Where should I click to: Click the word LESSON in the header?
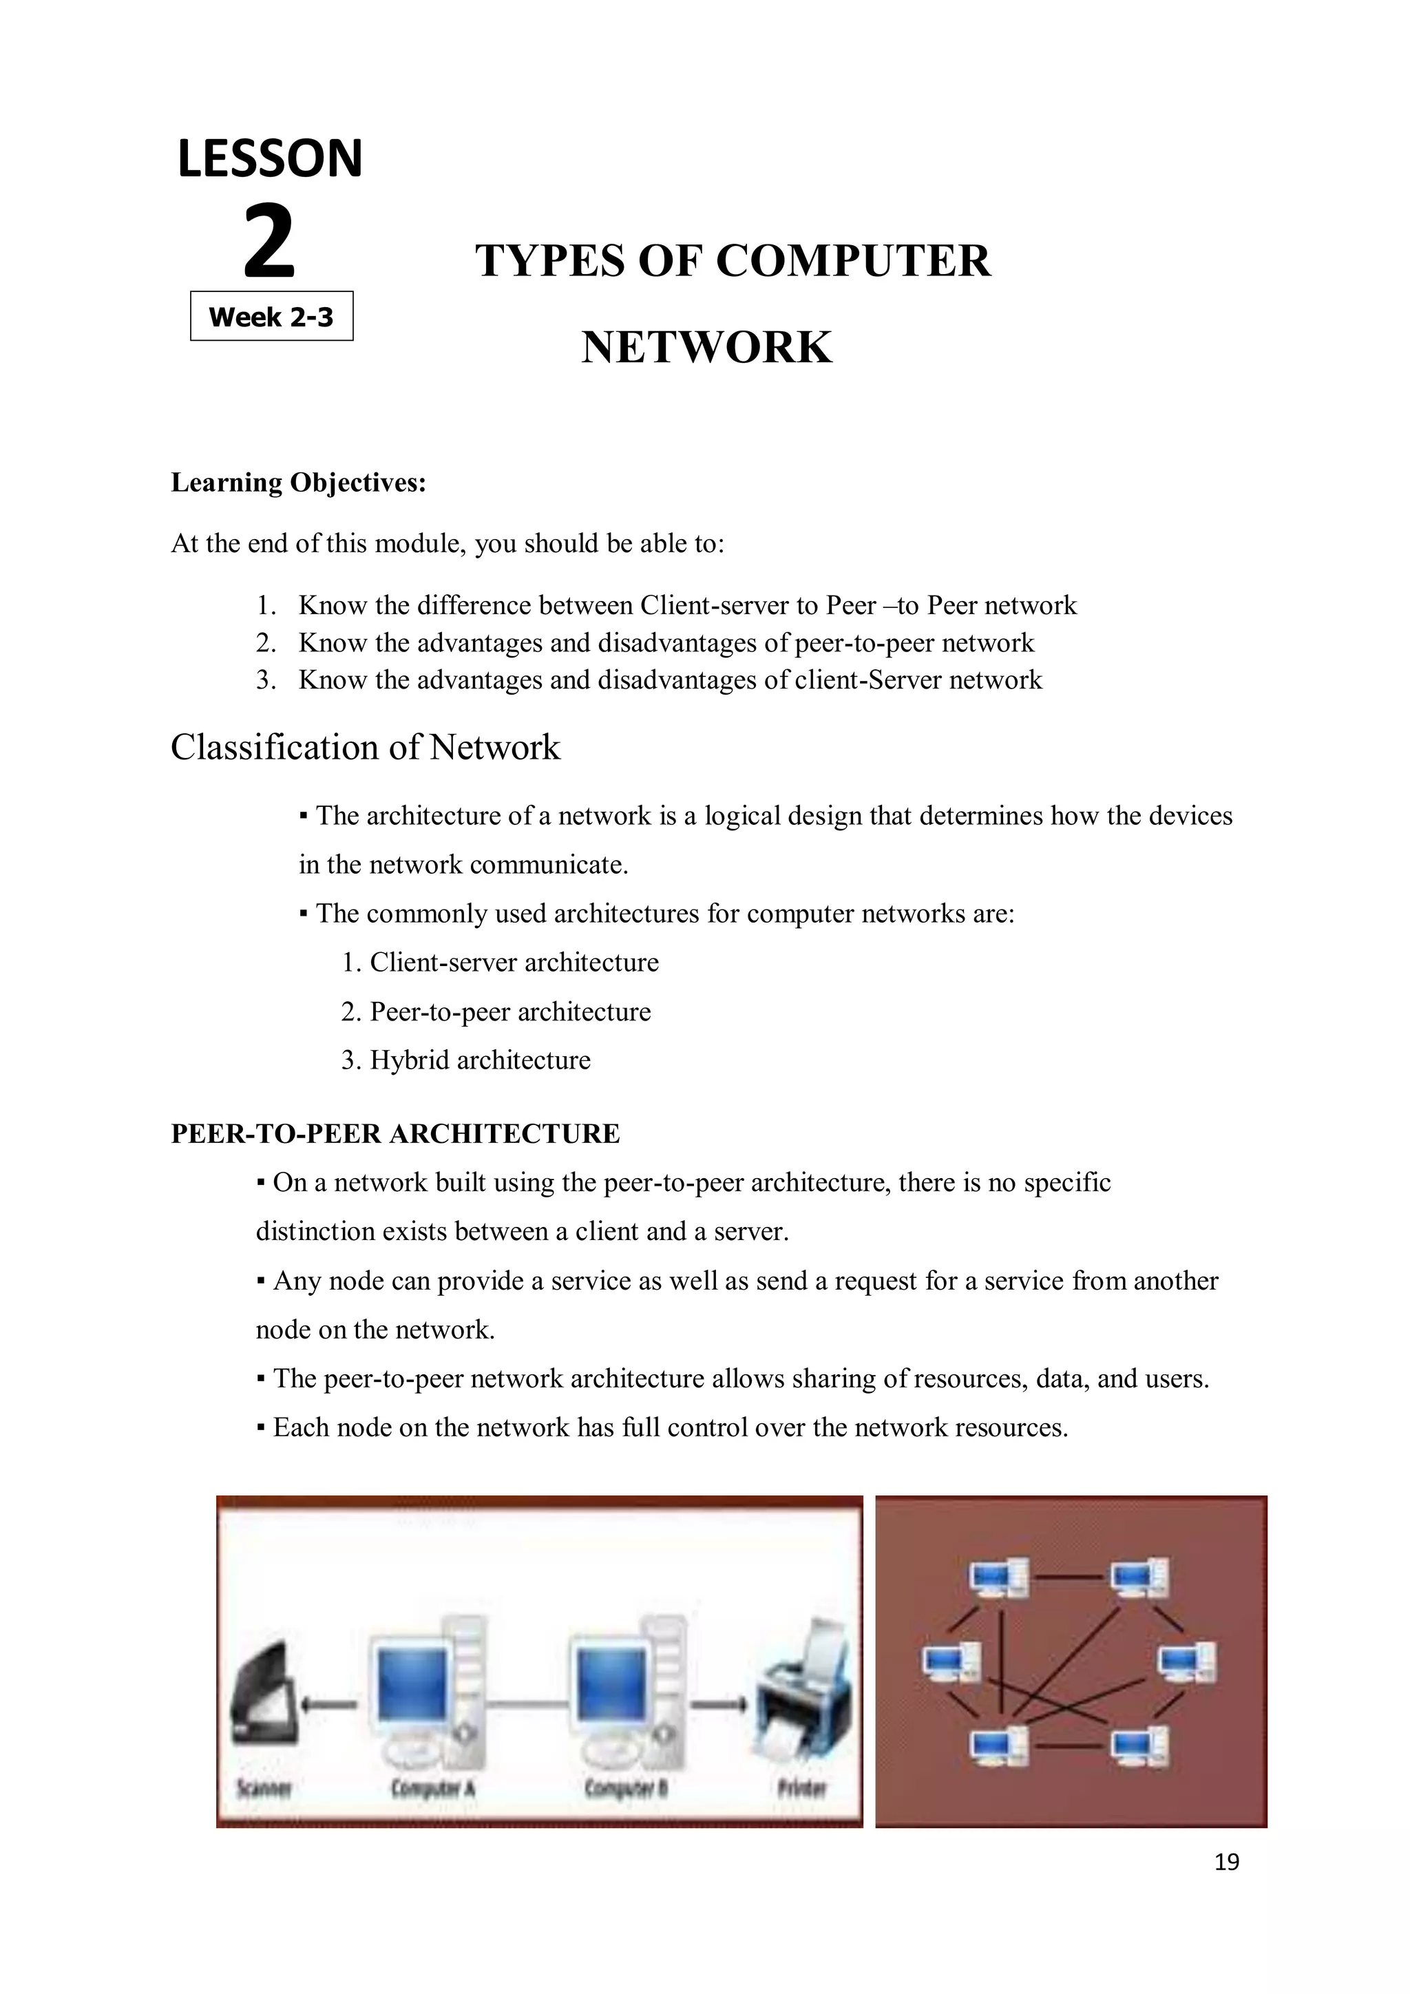click(270, 159)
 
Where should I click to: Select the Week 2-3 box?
click(272, 316)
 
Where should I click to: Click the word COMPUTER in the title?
click(852, 260)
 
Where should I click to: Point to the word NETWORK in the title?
click(707, 348)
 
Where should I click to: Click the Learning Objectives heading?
click(299, 482)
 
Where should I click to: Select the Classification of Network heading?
click(366, 747)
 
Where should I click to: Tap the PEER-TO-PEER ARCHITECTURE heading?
click(395, 1133)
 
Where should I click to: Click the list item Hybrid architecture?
click(479, 1060)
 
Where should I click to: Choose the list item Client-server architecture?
click(514, 963)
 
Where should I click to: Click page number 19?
click(1227, 1862)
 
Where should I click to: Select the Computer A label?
click(432, 1788)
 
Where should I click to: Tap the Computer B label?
click(625, 1788)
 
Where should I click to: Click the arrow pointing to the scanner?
click(328, 1704)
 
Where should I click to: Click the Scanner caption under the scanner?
click(264, 1788)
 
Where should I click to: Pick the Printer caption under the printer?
click(802, 1788)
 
